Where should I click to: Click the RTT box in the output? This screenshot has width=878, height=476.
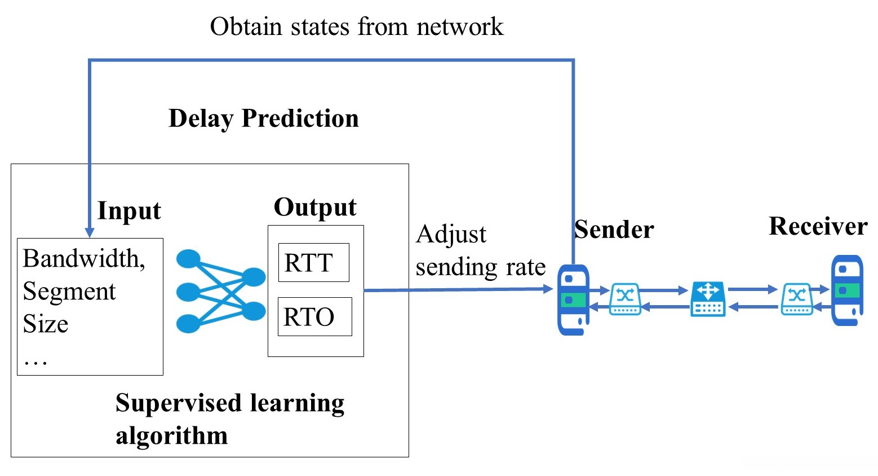(313, 262)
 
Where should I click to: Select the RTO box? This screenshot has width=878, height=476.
(314, 316)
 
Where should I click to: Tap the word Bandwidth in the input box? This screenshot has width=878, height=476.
(83, 258)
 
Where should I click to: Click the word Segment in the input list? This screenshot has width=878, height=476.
(69, 292)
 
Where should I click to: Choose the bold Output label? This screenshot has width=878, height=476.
(315, 208)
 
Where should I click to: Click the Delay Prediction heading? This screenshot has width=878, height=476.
(263, 118)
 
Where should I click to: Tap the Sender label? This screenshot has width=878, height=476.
(614, 230)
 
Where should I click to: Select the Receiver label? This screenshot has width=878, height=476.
(818, 226)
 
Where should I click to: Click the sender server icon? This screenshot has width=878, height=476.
(573, 299)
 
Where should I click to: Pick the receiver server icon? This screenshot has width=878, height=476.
(847, 290)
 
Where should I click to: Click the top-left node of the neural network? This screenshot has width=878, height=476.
(188, 259)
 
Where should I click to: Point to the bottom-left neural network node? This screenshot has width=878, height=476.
(188, 324)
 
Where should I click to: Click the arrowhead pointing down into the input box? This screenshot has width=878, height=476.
(89, 232)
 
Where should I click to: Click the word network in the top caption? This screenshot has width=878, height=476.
(459, 27)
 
